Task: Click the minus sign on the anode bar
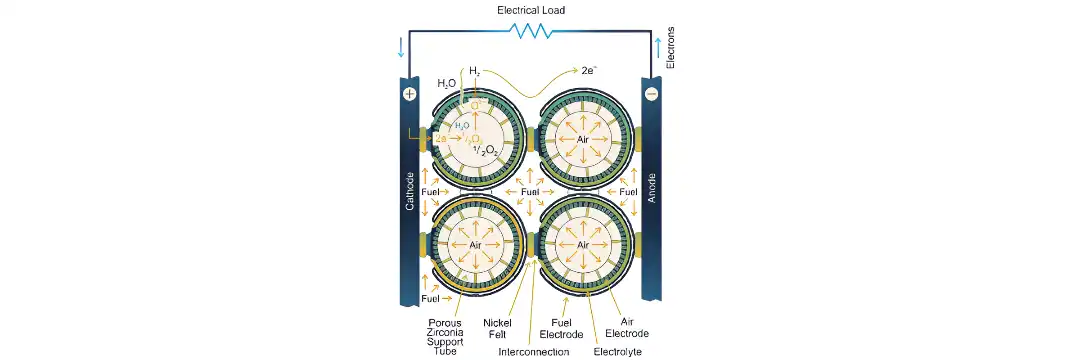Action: point(651,94)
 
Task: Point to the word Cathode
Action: point(409,190)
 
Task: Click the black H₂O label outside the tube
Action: point(447,83)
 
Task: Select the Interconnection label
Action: point(533,352)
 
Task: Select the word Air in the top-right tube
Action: point(582,139)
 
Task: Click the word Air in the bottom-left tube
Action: point(476,245)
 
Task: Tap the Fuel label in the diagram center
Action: point(529,191)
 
